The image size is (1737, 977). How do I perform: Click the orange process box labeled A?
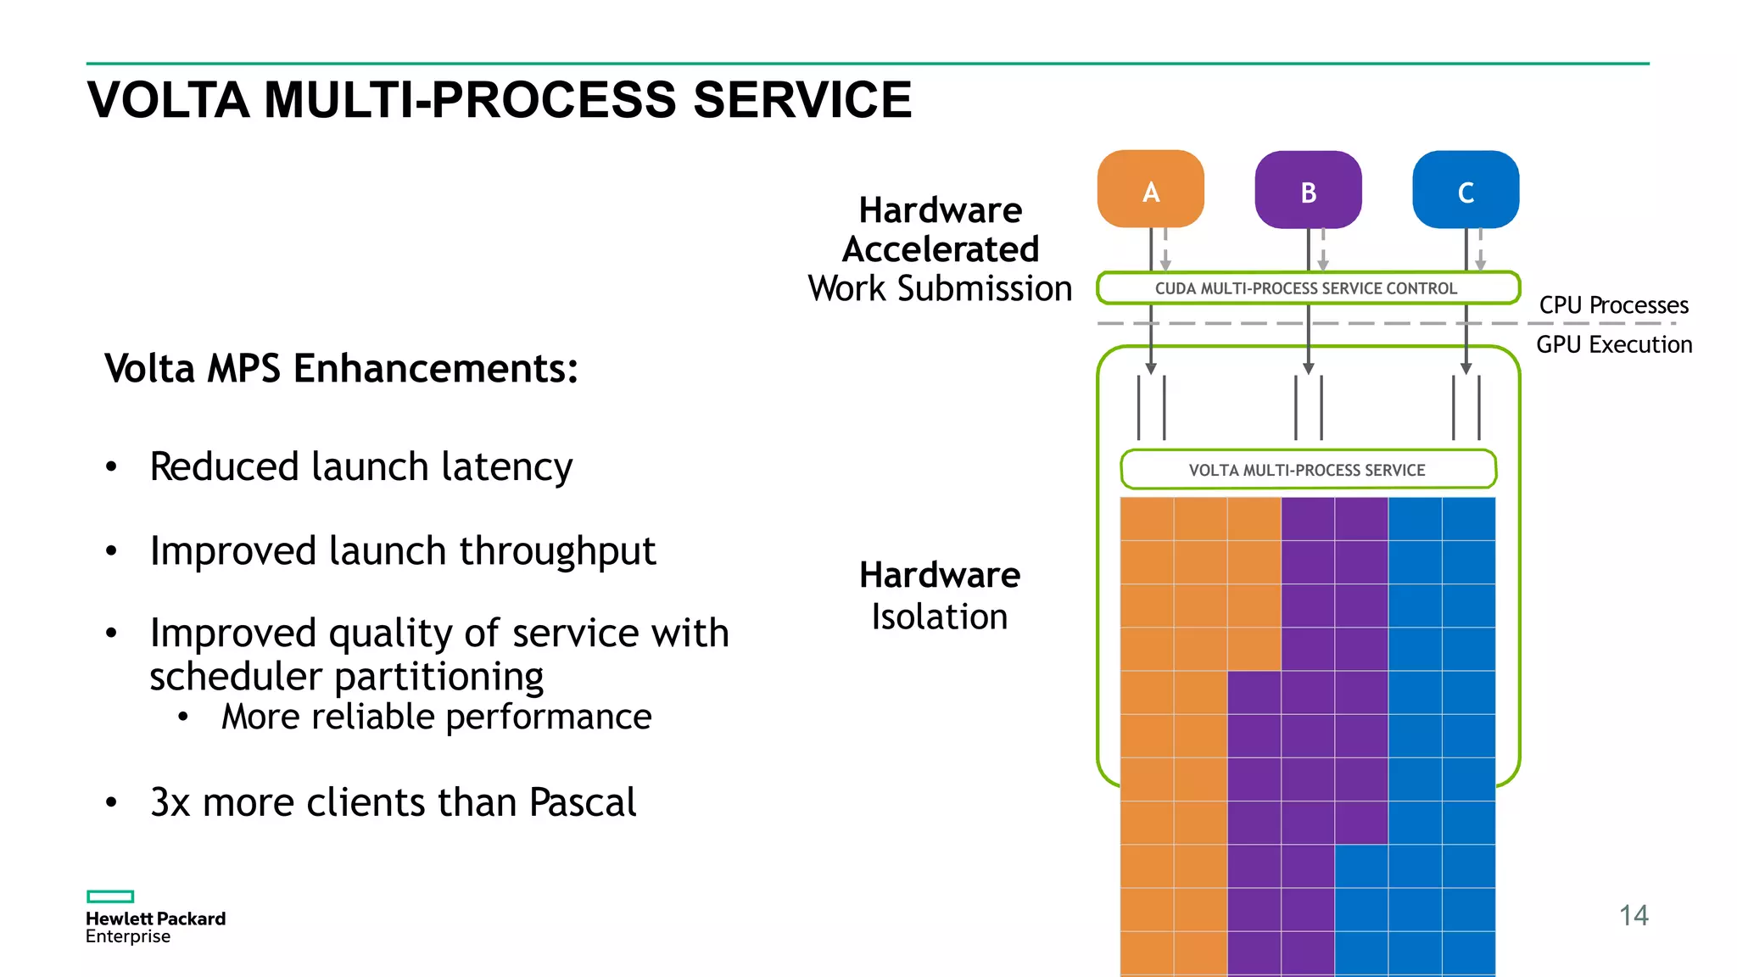1150,190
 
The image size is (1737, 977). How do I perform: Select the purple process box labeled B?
1308,190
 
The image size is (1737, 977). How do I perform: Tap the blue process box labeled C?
1466,190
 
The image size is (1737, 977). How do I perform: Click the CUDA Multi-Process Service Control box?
1307,288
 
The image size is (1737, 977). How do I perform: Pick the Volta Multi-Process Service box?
1307,470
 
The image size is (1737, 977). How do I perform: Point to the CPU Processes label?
1613,305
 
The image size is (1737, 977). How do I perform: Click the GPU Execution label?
1613,345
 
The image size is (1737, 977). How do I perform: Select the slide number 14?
1633,915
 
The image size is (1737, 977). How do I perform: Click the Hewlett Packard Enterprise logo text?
155,927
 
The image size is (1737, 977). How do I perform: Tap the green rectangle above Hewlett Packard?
110,896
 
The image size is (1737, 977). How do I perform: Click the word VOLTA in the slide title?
168,100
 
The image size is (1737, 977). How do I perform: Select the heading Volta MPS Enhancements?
341,369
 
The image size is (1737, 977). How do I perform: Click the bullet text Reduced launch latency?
360,467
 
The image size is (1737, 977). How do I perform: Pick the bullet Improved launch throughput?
402,551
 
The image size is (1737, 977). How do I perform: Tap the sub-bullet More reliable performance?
436,717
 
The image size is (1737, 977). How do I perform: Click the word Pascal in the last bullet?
583,802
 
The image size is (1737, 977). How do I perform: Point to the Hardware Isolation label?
940,595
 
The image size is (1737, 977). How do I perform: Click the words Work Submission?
940,289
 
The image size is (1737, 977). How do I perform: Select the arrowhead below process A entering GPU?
1151,369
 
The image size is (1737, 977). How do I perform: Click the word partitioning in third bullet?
438,677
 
